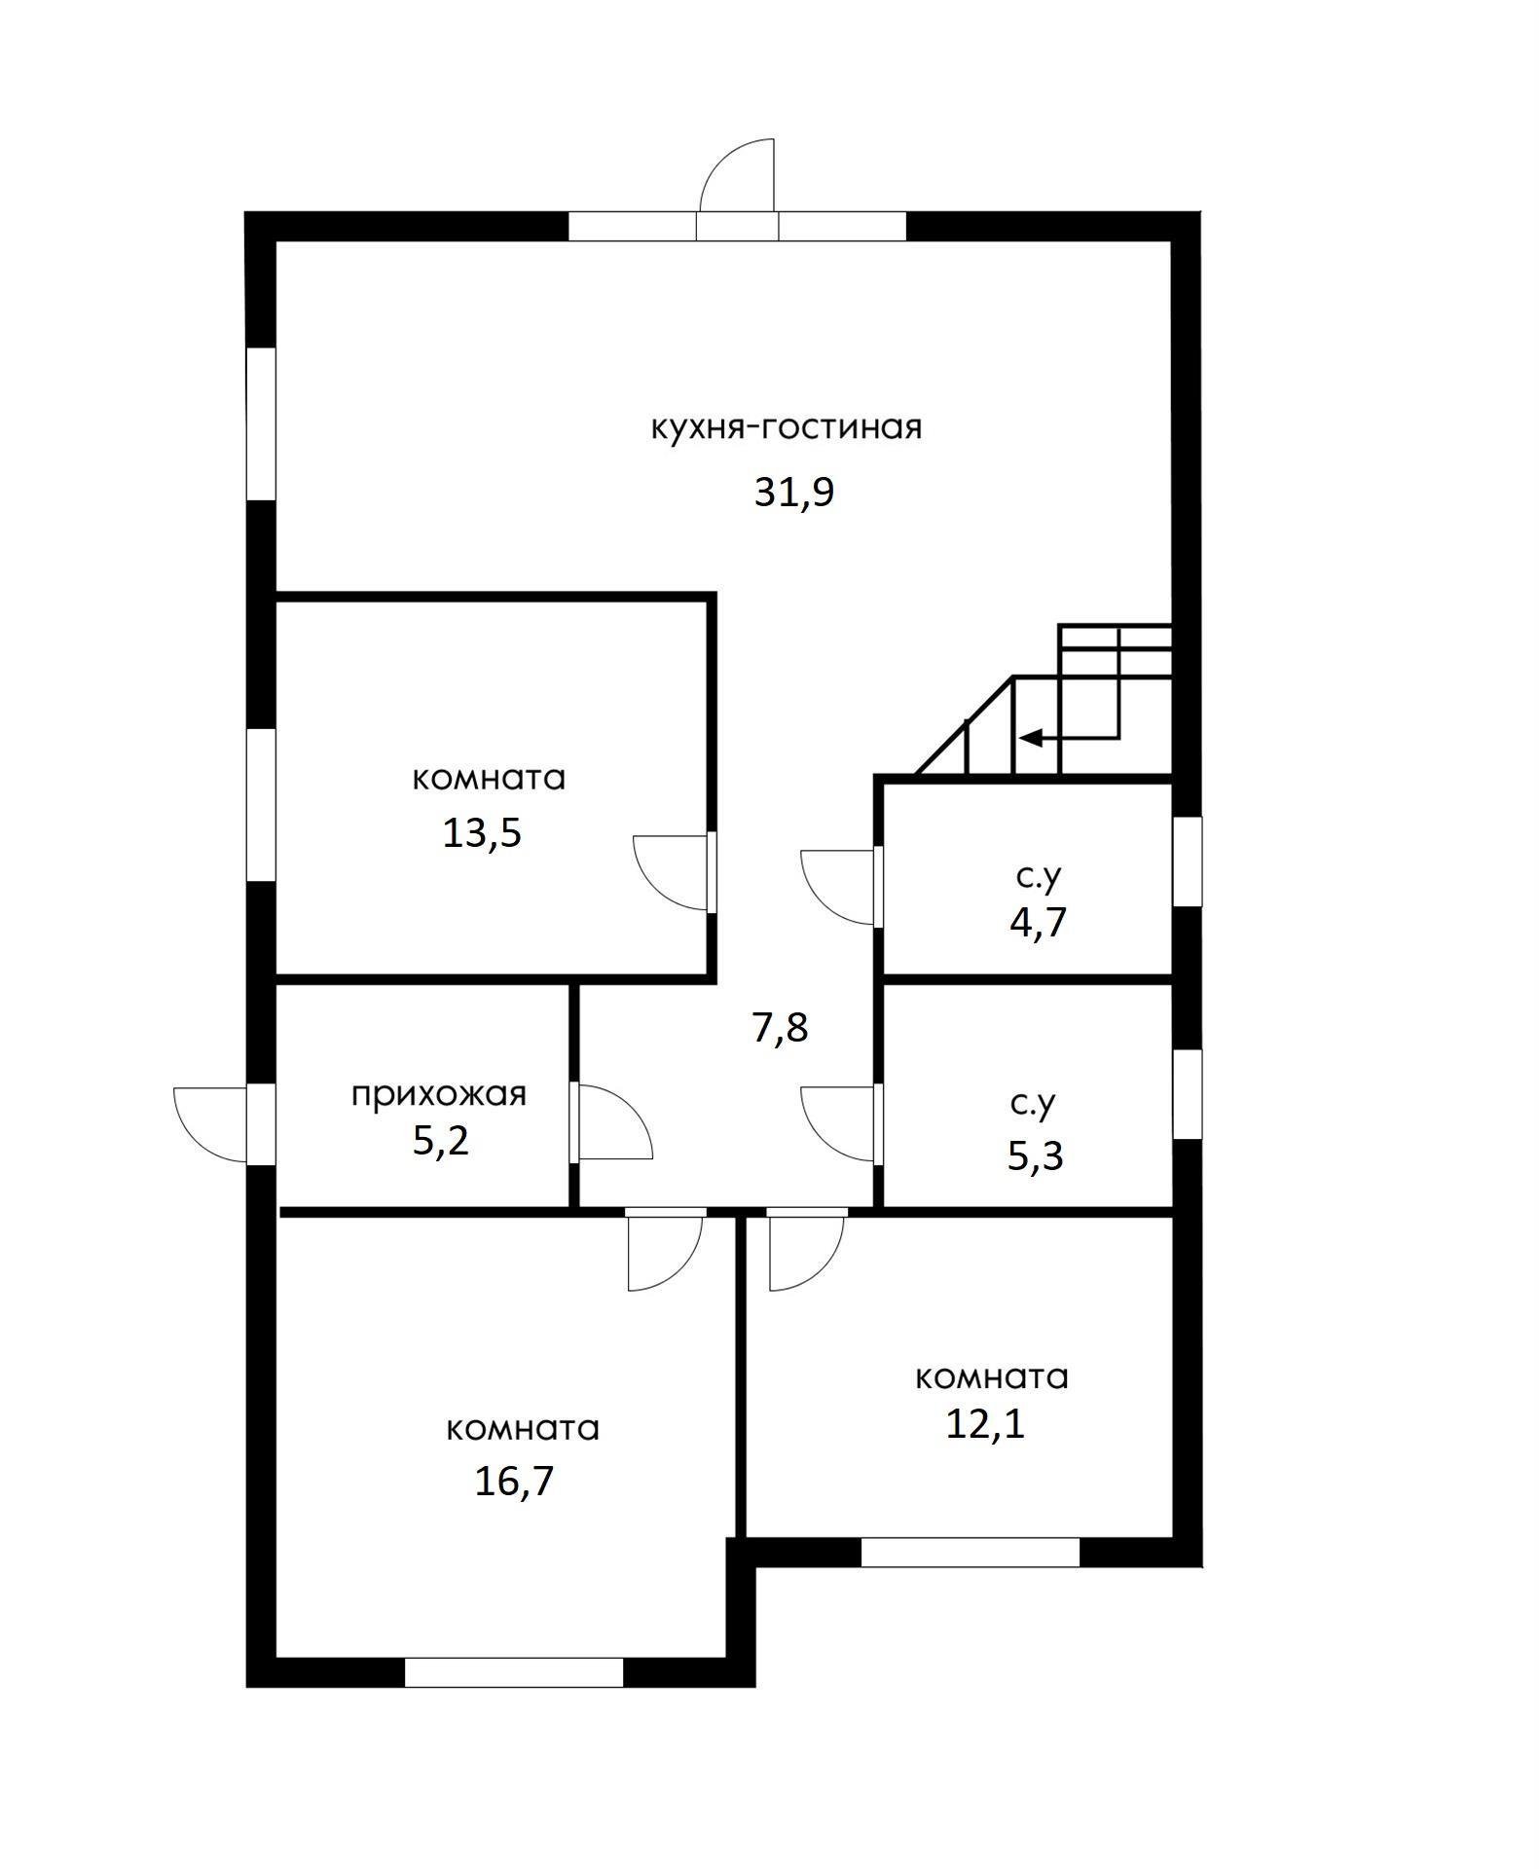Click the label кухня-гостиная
pyautogui.click(x=786, y=428)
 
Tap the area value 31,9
pyautogui.click(x=794, y=493)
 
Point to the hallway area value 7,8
pyautogui.click(x=780, y=1027)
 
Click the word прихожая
pyautogui.click(x=438, y=1093)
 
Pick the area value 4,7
pyautogui.click(x=1038, y=921)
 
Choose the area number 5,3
pyautogui.click(x=1035, y=1156)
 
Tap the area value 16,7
pyautogui.click(x=514, y=1481)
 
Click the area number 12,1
pyautogui.click(x=986, y=1424)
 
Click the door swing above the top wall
pyautogui.click(x=737, y=175)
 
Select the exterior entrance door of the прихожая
pyautogui.click(x=211, y=1123)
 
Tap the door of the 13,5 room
pyautogui.click(x=673, y=872)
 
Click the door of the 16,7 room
pyautogui.click(x=666, y=1250)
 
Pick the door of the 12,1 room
pyautogui.click(x=807, y=1250)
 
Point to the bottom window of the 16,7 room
pyautogui.click(x=513, y=1672)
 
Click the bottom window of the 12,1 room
pyautogui.click(x=971, y=1552)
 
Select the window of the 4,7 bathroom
pyautogui.click(x=1187, y=861)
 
